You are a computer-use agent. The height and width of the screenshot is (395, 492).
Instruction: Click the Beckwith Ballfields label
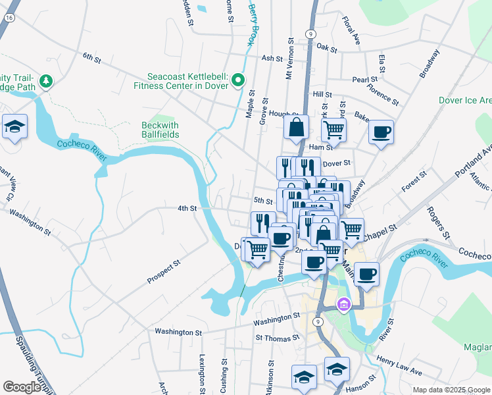coord(160,130)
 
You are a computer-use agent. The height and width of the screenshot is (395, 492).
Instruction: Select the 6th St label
coord(91,59)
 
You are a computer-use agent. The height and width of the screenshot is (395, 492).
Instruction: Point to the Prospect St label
coord(164,272)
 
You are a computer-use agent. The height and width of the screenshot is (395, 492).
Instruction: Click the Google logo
coord(22,387)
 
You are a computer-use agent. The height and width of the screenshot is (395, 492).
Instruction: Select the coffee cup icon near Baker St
coord(381,132)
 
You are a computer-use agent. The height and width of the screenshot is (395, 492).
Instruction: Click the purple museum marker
coord(343,305)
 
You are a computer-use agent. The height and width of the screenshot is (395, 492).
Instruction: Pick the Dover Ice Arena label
coord(466,100)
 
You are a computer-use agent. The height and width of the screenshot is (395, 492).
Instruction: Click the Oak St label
coord(326,48)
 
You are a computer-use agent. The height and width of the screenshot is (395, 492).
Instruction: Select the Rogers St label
coord(439,223)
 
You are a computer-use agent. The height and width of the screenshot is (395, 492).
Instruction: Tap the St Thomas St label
coord(277,337)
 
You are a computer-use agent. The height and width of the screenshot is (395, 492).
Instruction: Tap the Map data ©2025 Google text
coord(451,389)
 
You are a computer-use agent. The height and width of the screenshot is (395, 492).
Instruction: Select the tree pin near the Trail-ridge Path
coord(46,82)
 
